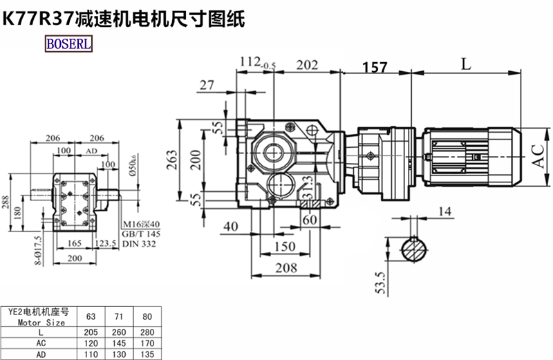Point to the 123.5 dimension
(104, 243)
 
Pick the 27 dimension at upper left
(206, 85)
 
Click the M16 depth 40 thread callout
(140, 224)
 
